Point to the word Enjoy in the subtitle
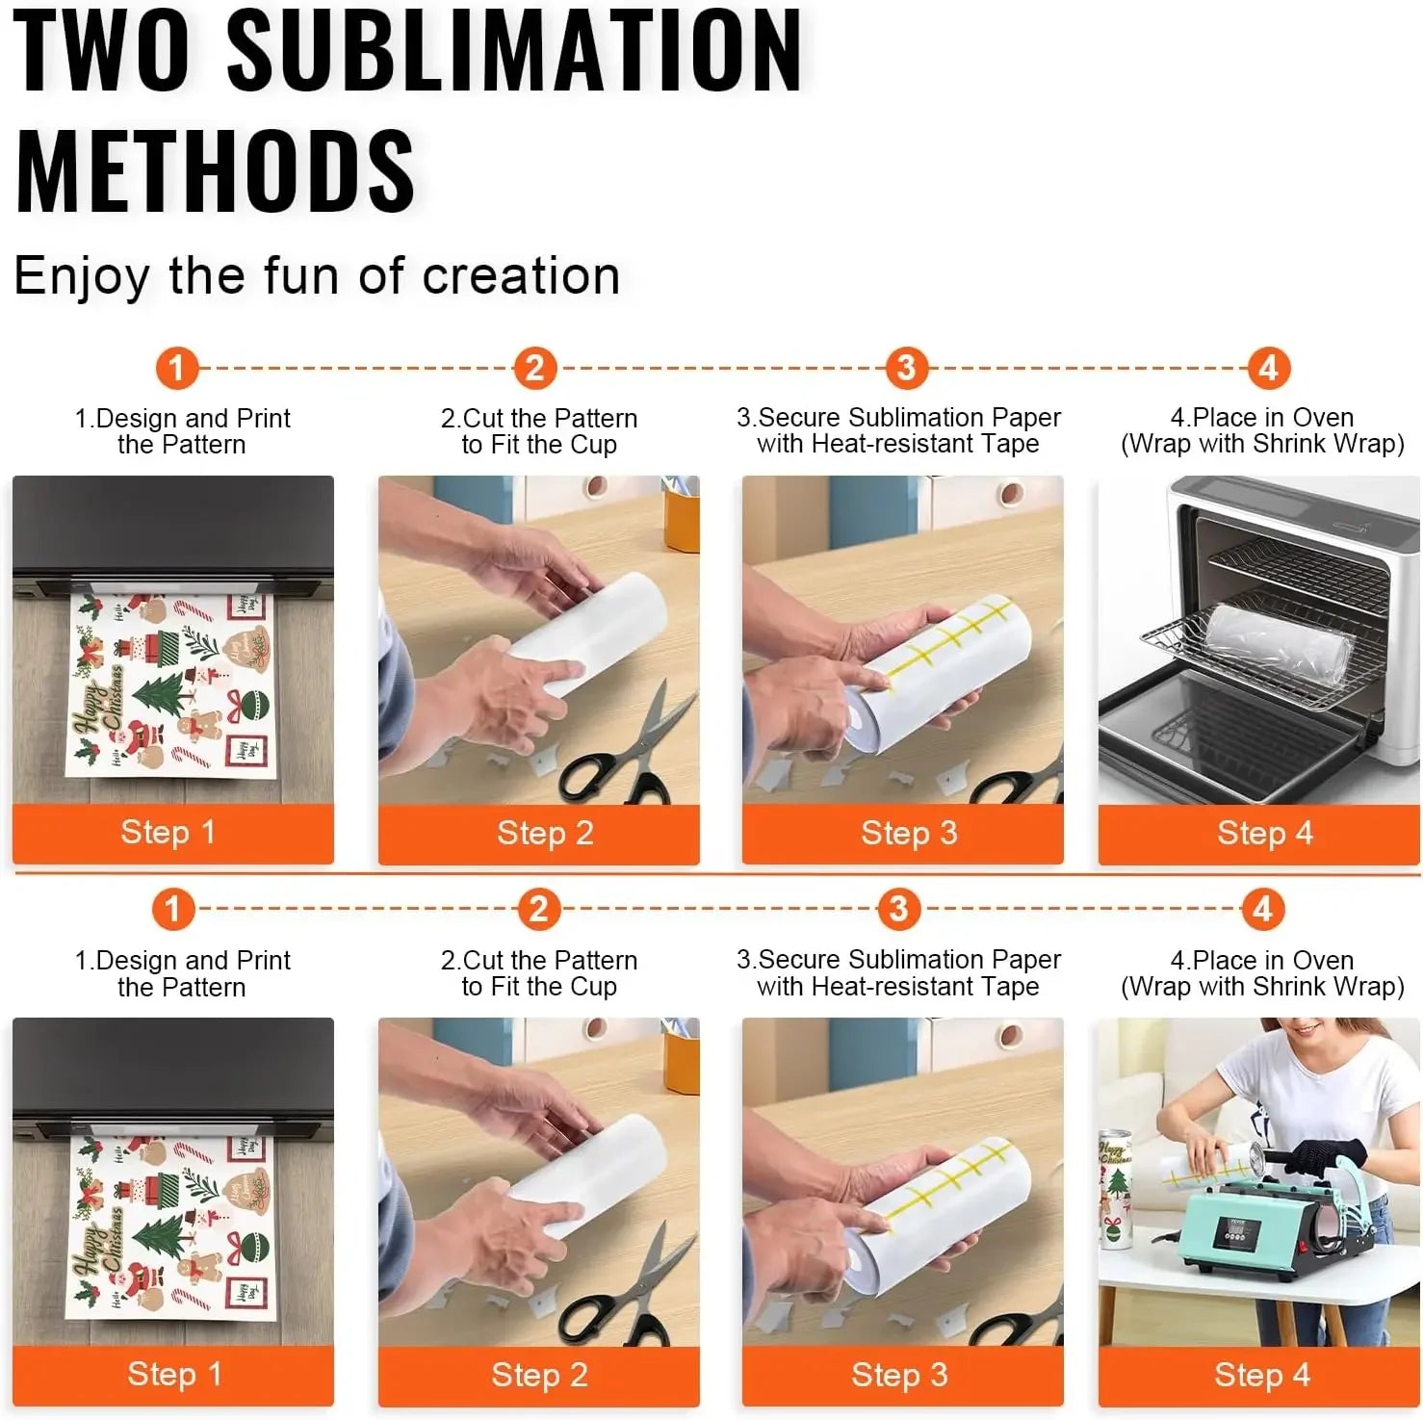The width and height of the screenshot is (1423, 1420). pyautogui.click(x=82, y=277)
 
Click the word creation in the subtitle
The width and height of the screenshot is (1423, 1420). pyautogui.click(x=521, y=276)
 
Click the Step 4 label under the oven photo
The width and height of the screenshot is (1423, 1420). pyautogui.click(x=1264, y=833)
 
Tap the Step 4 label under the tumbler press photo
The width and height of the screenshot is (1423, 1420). pyautogui.click(x=1261, y=1375)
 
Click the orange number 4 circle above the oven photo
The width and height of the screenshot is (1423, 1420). pyautogui.click(x=1268, y=368)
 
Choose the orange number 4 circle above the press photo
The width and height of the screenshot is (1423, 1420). pyautogui.click(x=1262, y=909)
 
